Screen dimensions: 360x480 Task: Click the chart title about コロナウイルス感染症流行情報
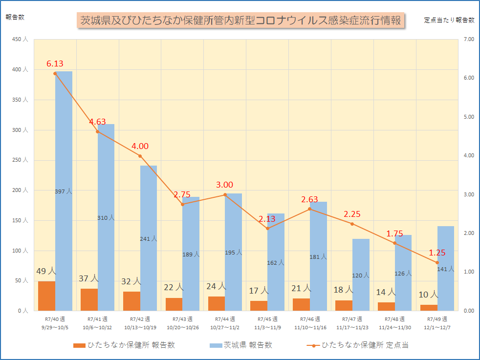coord(240,21)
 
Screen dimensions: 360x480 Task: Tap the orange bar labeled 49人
coord(46,296)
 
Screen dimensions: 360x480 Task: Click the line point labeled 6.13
coord(55,73)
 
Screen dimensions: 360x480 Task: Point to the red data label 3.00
coord(225,185)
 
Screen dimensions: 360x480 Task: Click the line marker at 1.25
coord(437,262)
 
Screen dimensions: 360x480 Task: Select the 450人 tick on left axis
coord(19,40)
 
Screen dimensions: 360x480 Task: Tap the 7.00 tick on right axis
coord(468,40)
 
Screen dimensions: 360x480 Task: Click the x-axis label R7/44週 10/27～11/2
coord(225,323)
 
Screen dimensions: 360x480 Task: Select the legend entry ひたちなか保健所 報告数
coord(124,345)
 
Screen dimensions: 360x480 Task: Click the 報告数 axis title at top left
coord(15,17)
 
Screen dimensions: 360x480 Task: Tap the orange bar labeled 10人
coord(429,308)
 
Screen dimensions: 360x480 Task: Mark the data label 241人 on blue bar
coord(149,239)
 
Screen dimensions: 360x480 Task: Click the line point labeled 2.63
coord(310,209)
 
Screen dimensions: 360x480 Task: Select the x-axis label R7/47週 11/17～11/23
coord(352,323)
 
